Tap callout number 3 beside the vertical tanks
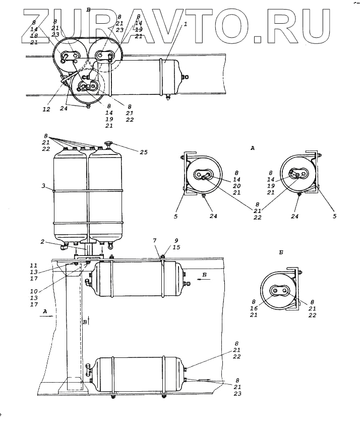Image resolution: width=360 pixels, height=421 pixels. (44, 185)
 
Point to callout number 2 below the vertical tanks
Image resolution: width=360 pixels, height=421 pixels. (44, 242)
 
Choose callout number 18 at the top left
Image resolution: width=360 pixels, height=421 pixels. (34, 36)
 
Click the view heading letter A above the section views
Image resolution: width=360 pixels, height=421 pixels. (252, 148)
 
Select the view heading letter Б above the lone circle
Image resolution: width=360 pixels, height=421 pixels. (280, 251)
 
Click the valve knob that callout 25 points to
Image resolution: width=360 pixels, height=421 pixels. (108, 145)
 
